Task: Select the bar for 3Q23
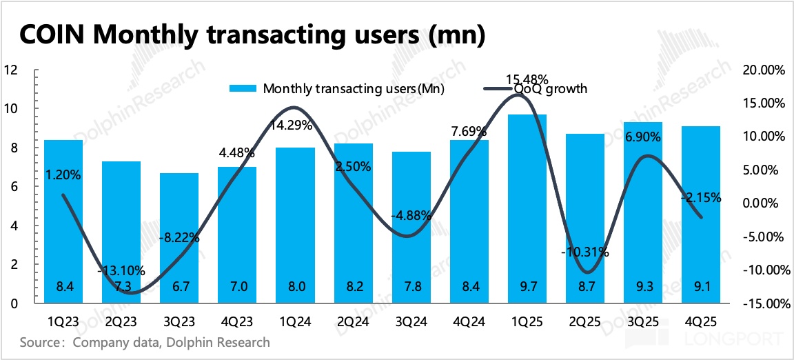tap(179, 238)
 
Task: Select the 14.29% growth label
tap(291, 126)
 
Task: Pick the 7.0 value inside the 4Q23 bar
tap(237, 286)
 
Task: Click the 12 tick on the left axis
tap(10, 70)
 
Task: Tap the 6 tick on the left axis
tap(14, 187)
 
